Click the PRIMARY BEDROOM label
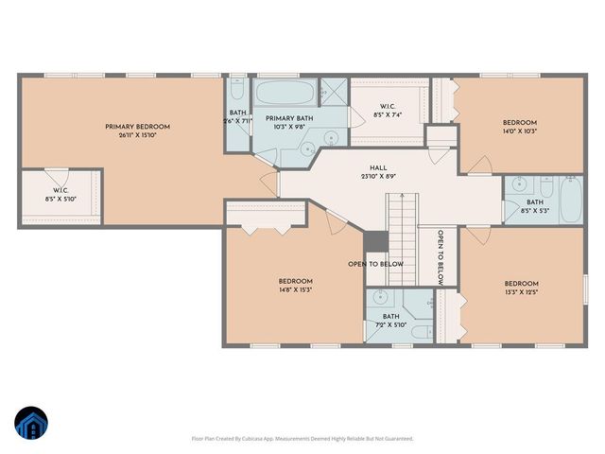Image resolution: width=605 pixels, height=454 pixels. (x=137, y=126)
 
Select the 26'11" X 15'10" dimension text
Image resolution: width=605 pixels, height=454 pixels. (x=137, y=135)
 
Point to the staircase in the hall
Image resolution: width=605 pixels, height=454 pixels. (x=403, y=222)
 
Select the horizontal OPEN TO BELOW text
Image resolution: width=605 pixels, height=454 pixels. (x=375, y=264)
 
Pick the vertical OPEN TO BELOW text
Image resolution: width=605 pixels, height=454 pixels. (x=441, y=256)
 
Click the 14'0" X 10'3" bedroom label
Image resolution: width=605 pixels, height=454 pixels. (x=519, y=127)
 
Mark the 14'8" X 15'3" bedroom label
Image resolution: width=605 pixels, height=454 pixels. (x=295, y=286)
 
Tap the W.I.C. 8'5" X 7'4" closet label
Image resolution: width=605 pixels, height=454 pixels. (x=388, y=110)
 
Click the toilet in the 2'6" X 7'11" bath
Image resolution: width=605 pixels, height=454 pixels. (x=236, y=93)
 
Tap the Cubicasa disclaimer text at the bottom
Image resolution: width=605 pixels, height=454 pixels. (x=302, y=438)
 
